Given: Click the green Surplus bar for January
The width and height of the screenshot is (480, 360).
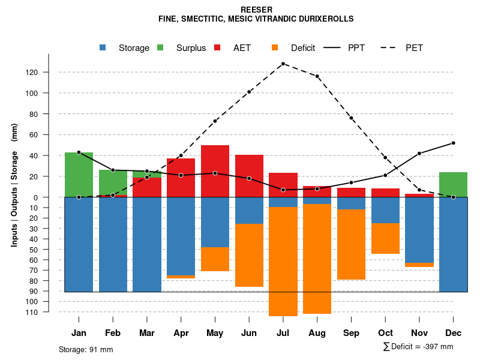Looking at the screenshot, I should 79,175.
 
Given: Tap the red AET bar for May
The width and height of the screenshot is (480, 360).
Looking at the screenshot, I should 215,171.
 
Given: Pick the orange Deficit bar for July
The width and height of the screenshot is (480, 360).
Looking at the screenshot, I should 283,261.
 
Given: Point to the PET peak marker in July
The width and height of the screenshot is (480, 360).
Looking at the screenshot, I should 283,64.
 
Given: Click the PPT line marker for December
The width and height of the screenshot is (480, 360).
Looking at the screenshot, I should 454,143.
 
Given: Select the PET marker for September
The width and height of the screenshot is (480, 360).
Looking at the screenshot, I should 352,118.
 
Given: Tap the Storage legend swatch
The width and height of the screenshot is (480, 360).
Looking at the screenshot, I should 103,48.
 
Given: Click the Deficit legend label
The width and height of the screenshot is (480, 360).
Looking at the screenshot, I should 303,48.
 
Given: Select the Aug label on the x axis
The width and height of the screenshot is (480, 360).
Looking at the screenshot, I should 317,333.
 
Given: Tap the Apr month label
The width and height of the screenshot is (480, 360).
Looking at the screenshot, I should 181,333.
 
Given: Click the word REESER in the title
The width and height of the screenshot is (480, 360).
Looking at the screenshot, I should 256,10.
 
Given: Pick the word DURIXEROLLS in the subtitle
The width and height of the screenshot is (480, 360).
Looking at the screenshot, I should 325,19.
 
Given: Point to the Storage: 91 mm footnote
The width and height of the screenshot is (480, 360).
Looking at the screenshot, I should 86,349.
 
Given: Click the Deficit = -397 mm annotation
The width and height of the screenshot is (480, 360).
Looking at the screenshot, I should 418,347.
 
